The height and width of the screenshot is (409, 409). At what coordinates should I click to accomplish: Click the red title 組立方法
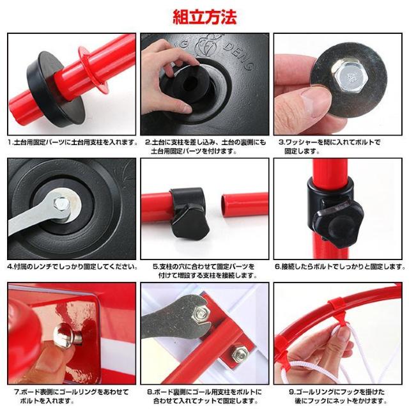[204, 17]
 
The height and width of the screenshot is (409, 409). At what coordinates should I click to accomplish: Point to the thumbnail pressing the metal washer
[316, 102]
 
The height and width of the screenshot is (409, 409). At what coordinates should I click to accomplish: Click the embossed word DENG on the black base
[239, 57]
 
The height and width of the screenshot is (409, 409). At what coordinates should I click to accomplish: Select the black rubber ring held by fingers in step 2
[188, 84]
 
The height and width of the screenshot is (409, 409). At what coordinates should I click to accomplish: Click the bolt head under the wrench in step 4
[61, 204]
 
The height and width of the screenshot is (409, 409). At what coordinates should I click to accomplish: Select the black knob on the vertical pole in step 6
[339, 224]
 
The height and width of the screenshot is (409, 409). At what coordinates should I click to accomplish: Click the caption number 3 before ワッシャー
[282, 143]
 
